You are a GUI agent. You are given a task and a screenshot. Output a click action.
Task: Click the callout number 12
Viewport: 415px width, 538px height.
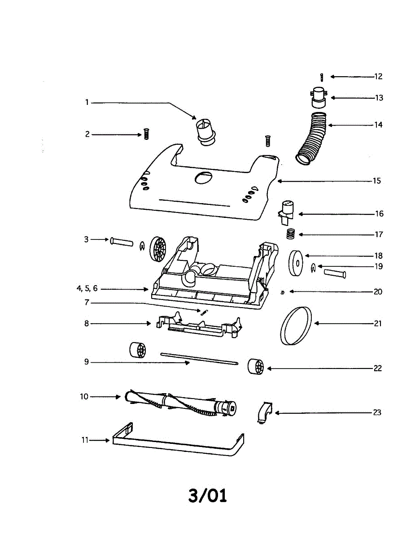point(378,77)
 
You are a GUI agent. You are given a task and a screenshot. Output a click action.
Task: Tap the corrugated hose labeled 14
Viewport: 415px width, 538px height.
point(314,139)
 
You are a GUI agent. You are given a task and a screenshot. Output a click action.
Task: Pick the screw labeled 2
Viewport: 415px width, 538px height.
point(145,134)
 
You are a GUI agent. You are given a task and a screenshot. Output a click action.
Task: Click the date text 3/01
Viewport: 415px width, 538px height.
point(207,495)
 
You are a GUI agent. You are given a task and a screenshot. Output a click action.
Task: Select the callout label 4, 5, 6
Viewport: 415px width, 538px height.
point(87,289)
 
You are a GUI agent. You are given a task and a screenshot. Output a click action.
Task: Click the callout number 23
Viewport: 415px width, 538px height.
point(377,412)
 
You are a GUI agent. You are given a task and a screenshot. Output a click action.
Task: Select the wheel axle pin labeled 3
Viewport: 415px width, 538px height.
point(122,242)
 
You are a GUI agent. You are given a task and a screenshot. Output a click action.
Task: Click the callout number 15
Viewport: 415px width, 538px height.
point(376,181)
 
